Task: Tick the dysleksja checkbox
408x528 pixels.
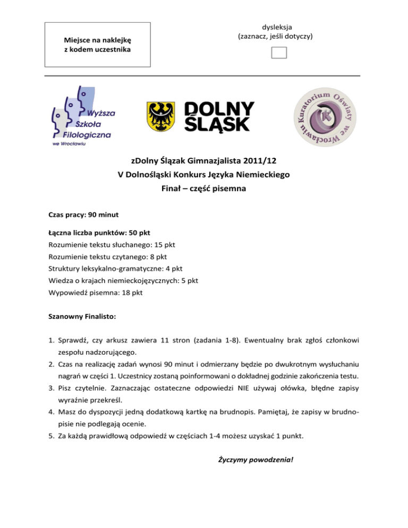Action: point(278,53)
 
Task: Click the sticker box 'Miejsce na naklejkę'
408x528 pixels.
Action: point(97,45)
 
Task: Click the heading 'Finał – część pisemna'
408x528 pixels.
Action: point(203,188)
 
